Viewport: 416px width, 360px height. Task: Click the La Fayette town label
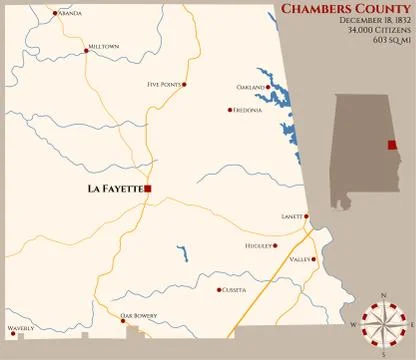coord(115,188)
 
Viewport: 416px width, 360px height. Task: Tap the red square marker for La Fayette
coord(147,188)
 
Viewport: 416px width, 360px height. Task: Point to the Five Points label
coord(164,85)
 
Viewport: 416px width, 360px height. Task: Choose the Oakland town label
coord(250,87)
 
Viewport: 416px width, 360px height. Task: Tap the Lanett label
coord(292,216)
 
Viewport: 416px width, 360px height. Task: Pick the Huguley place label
coord(258,245)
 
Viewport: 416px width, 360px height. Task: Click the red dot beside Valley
coord(314,259)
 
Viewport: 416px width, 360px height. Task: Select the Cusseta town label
coord(233,290)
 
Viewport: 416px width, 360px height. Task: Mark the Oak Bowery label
coord(139,316)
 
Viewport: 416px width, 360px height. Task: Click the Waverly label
coord(21,328)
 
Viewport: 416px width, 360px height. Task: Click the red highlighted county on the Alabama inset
coord(392,145)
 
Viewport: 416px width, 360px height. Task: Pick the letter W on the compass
coord(354,325)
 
